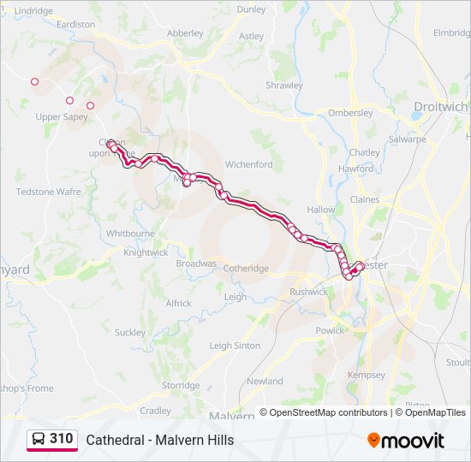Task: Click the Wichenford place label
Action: [248, 164]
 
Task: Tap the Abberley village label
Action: [185, 33]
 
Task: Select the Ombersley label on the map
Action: [350, 113]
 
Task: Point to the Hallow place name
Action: [321, 210]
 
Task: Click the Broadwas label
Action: [196, 264]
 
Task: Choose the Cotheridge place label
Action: [246, 269]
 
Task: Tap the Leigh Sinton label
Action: [235, 346]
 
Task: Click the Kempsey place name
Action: [367, 376]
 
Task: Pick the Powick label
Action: [330, 330]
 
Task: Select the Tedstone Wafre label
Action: [49, 192]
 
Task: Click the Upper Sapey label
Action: [61, 117]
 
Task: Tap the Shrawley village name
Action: [284, 86]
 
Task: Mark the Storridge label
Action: [181, 386]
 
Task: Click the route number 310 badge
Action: [61, 439]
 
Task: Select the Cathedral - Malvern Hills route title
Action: [159, 441]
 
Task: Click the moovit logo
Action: [406, 441]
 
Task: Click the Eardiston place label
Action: [75, 25]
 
